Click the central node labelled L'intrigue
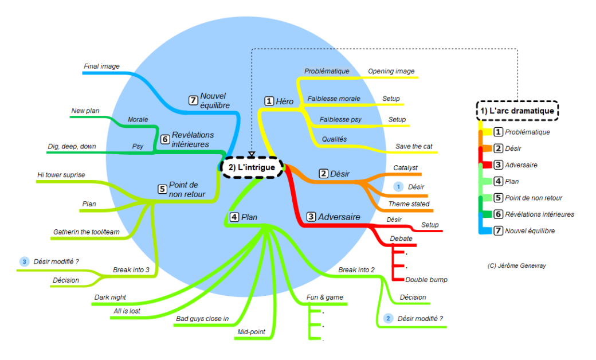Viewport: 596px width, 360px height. [x=252, y=167]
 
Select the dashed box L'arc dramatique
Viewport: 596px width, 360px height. [x=517, y=111]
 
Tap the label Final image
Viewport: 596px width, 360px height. [x=101, y=66]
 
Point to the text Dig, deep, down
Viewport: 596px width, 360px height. [x=72, y=146]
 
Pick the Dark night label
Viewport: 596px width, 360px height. [x=110, y=298]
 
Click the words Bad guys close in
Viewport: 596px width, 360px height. [x=202, y=318]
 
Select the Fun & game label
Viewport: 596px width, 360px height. [x=325, y=298]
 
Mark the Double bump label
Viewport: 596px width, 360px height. [x=426, y=280]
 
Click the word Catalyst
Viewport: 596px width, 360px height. [x=405, y=167]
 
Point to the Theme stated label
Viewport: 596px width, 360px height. [x=409, y=204]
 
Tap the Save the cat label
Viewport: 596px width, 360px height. [x=414, y=146]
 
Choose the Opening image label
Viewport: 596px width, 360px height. [x=391, y=71]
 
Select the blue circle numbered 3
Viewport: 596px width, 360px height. [x=24, y=261]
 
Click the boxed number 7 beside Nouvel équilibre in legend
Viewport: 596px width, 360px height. [x=498, y=231]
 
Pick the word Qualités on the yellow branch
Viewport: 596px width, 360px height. [x=334, y=139]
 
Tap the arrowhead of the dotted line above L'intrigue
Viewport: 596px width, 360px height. [x=252, y=154]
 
